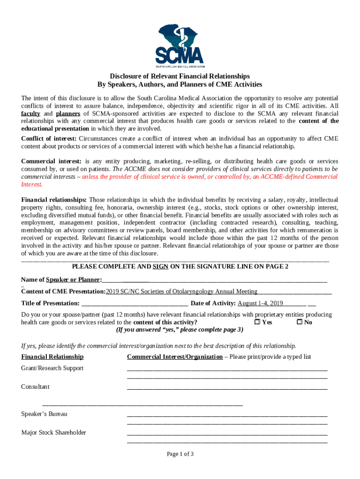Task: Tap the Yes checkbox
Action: [x=257, y=322]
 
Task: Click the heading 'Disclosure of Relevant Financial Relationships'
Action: [x=180, y=76]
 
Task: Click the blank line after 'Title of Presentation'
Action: [x=134, y=303]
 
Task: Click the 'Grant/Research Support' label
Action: [x=52, y=368]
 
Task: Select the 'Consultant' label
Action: [x=35, y=387]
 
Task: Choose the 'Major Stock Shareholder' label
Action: [x=54, y=433]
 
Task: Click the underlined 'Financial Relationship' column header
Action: [x=52, y=357]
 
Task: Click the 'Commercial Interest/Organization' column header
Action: [x=175, y=357]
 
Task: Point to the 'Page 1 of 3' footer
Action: [x=180, y=454]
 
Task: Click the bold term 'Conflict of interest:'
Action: [x=49, y=138]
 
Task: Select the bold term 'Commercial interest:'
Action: [x=51, y=161]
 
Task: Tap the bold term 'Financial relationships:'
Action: [x=54, y=200]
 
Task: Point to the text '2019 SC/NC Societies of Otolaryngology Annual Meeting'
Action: [x=181, y=291]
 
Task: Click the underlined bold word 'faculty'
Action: [x=30, y=114]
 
